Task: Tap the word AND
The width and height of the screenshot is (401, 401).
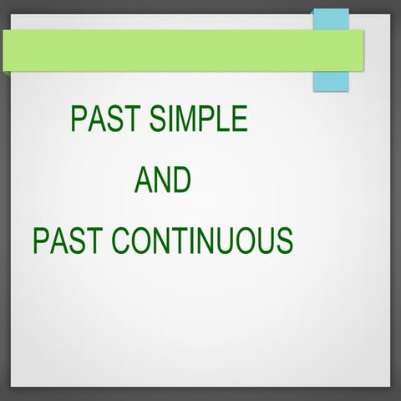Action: click(163, 180)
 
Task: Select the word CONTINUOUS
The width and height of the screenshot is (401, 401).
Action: click(202, 241)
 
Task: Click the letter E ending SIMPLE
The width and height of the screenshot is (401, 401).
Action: click(239, 119)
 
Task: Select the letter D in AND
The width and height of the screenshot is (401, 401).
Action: click(181, 180)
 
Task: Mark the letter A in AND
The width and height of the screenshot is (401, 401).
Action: click(144, 180)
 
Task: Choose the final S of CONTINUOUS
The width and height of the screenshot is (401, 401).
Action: click(284, 241)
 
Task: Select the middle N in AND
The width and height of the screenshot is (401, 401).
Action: click(162, 180)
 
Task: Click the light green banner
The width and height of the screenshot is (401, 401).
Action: click(167, 50)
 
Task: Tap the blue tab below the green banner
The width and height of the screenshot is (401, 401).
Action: click(330, 81)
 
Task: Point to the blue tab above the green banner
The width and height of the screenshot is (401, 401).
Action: click(330, 18)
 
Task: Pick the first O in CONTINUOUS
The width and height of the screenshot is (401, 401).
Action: click(138, 241)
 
